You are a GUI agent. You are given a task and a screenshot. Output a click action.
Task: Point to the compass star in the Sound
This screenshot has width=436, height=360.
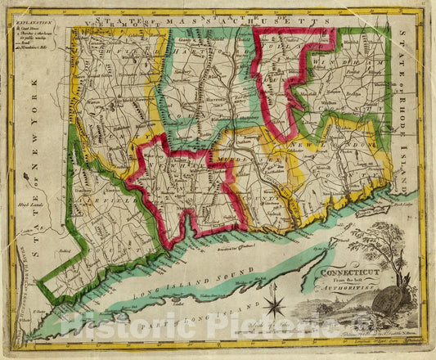[x=275, y=308]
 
